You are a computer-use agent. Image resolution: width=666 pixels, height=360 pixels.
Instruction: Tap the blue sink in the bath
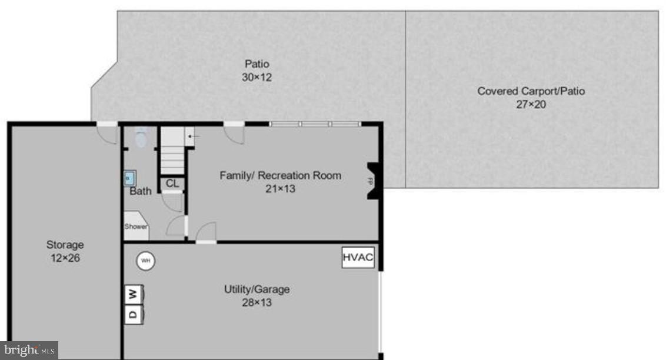click(130, 177)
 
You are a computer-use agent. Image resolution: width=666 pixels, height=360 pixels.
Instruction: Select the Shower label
click(135, 226)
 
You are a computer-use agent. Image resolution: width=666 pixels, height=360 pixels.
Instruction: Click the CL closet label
click(172, 184)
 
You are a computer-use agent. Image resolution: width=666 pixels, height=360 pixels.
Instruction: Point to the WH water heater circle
click(145, 261)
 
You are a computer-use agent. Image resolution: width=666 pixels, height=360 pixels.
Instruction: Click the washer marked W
click(134, 294)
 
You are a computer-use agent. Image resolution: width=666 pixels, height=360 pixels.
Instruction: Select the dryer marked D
click(134, 314)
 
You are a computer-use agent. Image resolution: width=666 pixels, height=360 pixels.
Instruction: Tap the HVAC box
click(358, 258)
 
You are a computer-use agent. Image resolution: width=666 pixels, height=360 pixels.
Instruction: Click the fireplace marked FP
click(372, 180)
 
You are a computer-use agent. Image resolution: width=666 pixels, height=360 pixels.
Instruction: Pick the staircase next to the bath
click(173, 151)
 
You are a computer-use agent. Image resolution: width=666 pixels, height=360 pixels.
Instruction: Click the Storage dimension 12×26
click(65, 258)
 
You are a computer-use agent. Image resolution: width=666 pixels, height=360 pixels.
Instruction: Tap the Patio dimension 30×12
click(257, 77)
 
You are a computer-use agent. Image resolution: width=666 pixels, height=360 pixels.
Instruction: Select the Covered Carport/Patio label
click(531, 91)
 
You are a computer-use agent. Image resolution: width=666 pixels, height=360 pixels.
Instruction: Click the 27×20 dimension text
click(531, 105)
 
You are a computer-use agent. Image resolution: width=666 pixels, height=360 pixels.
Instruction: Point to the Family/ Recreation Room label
click(280, 175)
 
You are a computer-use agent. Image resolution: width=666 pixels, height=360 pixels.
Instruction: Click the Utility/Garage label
click(257, 289)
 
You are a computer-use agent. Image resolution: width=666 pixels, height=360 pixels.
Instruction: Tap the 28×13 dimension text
click(257, 303)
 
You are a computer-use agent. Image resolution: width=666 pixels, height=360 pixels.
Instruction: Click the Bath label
click(141, 191)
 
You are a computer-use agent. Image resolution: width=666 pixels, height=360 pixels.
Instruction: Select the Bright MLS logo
click(29, 351)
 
